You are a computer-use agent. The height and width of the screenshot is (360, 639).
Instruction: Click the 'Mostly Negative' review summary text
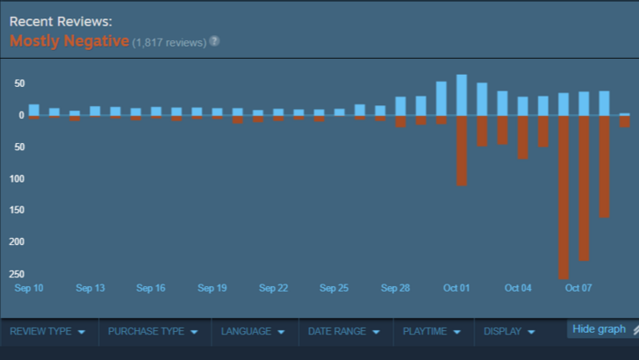tap(69, 40)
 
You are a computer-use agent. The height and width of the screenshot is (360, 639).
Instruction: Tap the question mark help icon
tap(214, 41)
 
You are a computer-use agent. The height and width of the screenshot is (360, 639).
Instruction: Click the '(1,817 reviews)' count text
tap(169, 42)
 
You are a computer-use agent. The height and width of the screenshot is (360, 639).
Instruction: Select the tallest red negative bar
tap(564, 197)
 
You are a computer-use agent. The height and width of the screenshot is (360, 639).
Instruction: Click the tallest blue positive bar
tap(462, 95)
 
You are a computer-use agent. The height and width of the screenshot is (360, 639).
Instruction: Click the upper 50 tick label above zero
tap(18, 84)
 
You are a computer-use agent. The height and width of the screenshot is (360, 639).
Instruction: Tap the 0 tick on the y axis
tap(20, 115)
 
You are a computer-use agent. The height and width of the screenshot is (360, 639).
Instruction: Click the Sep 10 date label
tap(29, 288)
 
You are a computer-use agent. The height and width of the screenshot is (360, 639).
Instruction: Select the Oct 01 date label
tap(456, 288)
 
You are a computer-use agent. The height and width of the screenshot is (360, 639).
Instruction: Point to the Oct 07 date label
tap(578, 288)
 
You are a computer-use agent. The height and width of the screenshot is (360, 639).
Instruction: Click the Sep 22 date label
tap(273, 288)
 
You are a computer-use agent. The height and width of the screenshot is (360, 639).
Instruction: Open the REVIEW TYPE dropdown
tap(47, 332)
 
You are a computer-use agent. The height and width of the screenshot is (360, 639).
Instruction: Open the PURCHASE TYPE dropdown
tap(153, 332)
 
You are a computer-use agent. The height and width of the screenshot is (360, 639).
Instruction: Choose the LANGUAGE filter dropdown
tap(253, 332)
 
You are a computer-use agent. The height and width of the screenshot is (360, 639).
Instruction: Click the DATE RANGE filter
tap(343, 332)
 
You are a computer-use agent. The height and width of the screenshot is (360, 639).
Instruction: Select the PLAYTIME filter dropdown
tap(432, 332)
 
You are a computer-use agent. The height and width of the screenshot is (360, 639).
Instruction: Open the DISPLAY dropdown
tap(509, 332)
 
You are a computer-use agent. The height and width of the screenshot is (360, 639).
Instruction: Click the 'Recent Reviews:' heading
tap(61, 20)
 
